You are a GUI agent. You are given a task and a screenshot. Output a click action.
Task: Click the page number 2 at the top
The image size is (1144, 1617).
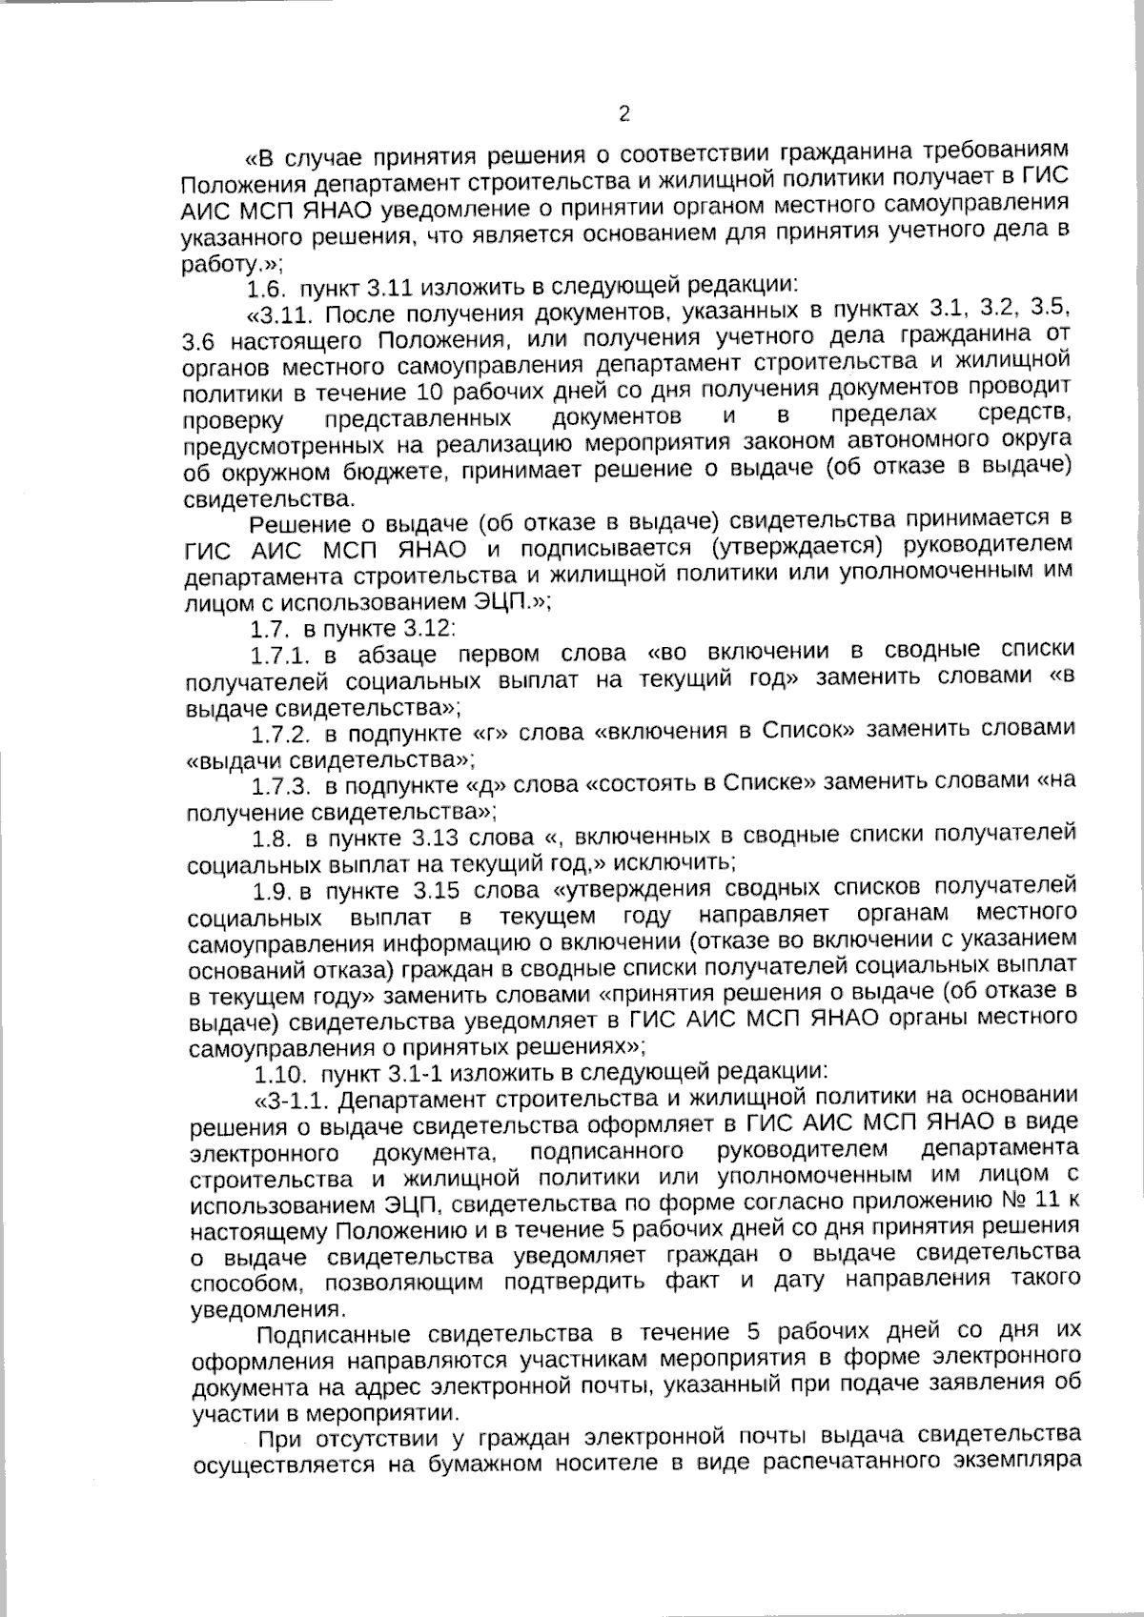624,115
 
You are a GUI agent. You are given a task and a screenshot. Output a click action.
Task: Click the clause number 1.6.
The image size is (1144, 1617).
268,286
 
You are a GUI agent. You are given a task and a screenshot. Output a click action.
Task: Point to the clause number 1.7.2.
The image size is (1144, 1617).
282,735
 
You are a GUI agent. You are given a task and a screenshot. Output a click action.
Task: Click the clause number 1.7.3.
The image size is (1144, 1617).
282,787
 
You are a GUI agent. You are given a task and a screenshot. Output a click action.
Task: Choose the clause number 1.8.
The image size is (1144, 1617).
271,840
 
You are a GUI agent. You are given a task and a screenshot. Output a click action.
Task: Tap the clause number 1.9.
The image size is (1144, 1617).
274,894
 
